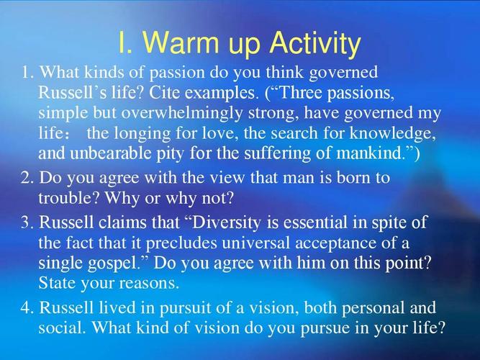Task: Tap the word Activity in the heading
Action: point(315,45)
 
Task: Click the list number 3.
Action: point(27,222)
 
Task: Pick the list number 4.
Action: point(27,307)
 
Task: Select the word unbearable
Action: point(111,153)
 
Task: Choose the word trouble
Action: point(69,198)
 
